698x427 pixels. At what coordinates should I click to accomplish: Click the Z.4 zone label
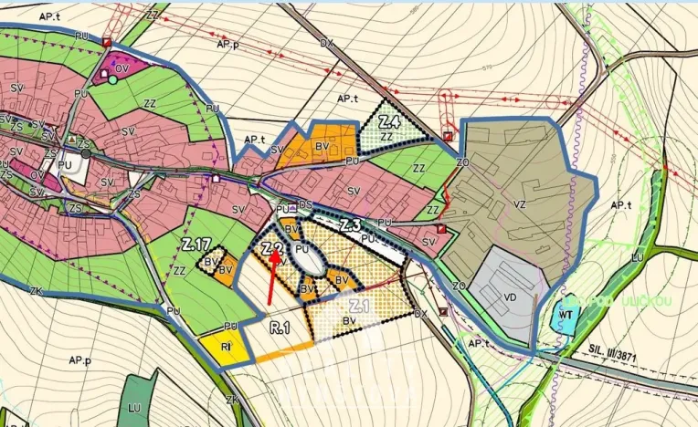point(390,121)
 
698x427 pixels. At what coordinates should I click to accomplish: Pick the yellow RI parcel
point(224,346)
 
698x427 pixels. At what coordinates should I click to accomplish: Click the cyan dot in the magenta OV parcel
point(112,79)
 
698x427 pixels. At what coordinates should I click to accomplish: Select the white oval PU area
point(310,258)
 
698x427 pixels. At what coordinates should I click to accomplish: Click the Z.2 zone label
point(270,247)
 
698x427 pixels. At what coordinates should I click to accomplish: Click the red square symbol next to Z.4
point(447,136)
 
